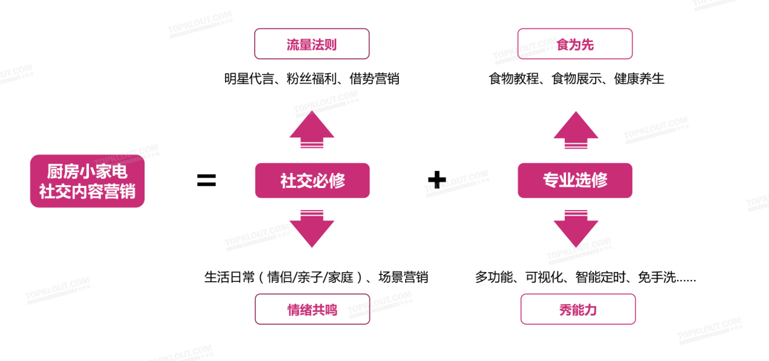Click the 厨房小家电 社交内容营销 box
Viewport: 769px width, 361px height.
point(87,182)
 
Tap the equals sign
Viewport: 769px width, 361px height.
point(206,181)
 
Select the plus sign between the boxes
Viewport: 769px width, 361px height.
point(436,180)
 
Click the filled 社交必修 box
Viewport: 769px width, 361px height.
point(312,181)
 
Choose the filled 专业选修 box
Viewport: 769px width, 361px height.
point(575,181)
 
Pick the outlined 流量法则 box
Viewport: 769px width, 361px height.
point(312,44)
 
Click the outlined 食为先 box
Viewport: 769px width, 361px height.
point(575,44)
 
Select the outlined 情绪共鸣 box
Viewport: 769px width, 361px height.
point(312,309)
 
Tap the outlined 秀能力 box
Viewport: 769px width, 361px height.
point(577,309)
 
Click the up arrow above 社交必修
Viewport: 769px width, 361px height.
point(312,130)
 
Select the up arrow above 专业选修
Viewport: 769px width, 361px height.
point(575,130)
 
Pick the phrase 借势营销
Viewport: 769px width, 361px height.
point(375,79)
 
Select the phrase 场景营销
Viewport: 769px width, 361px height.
point(403,278)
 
